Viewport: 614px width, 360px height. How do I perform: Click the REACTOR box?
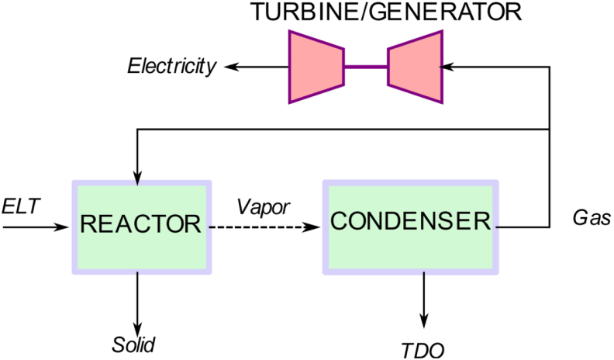pos(142,227)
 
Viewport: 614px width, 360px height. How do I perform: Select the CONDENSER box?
pos(410,227)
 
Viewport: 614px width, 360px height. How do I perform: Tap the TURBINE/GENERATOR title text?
pos(386,12)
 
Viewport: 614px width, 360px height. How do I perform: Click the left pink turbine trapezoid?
pos(316,67)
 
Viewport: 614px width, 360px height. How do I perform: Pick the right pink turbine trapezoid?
pos(416,67)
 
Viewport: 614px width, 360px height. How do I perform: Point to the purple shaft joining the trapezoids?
pos(366,67)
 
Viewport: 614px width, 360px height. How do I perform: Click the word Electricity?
pos(171,66)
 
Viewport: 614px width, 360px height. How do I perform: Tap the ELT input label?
pos(21,206)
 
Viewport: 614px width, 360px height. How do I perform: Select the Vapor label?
pos(263,207)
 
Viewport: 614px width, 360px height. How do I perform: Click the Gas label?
pos(592,217)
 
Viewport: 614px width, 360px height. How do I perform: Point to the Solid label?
pos(133,344)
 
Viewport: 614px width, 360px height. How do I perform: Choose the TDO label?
pos(423,350)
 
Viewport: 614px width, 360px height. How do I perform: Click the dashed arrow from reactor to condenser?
pos(265,227)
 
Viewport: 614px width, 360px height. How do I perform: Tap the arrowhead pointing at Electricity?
pos(231,67)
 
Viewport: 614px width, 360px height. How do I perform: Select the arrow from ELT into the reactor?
pos(36,227)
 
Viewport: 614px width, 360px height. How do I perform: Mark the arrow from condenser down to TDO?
pos(424,300)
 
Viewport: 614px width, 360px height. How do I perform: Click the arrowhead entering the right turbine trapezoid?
pos(447,67)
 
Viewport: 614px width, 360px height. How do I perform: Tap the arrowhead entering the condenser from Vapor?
pos(313,227)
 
